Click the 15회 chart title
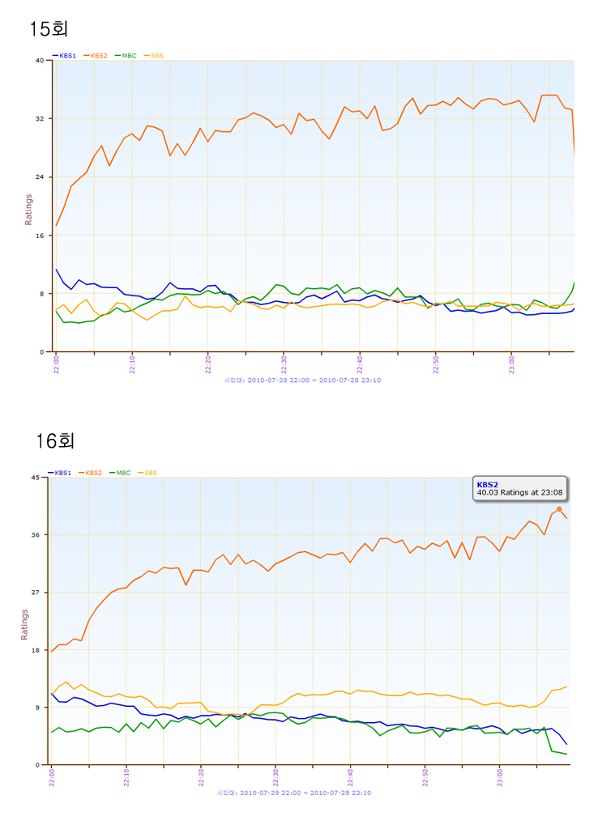click(x=49, y=29)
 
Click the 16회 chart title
click(x=55, y=441)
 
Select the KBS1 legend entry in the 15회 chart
click(x=65, y=56)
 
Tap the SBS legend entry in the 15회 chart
click(x=154, y=56)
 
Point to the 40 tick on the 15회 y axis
click(x=40, y=60)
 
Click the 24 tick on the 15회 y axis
click(x=40, y=176)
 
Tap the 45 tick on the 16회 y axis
click(x=35, y=477)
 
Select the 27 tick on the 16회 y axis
click(x=35, y=593)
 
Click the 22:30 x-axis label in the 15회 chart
click(x=284, y=363)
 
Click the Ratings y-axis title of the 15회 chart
click(x=28, y=209)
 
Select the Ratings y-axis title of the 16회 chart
click(x=24, y=623)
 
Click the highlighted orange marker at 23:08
click(x=559, y=509)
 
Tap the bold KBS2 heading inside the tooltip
click(x=487, y=484)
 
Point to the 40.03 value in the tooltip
click(x=487, y=492)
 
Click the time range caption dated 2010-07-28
click(x=302, y=380)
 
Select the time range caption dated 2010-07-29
click(x=294, y=793)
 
